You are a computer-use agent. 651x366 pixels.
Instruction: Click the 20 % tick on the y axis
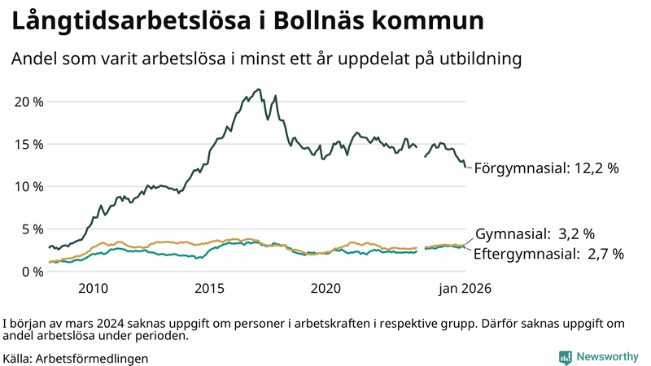coord(29,102)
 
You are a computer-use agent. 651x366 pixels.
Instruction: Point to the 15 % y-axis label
coord(29,144)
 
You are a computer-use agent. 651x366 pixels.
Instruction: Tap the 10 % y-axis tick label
coord(29,186)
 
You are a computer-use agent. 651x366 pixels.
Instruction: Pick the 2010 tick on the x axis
coord(93,289)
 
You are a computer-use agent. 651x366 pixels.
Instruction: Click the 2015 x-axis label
coord(209,289)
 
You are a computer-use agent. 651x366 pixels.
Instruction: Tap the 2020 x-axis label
coord(325,289)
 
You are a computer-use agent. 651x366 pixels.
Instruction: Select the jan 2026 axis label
coord(464,289)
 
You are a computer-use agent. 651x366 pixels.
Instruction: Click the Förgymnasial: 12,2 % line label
coord(546,168)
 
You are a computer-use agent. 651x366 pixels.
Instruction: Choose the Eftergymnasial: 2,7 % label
coord(548,254)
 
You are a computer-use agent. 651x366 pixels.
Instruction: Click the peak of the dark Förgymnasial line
coord(259,89)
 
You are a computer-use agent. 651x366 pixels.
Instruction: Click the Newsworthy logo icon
coord(565,357)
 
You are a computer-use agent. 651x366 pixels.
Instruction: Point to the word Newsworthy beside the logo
coord(607,357)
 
